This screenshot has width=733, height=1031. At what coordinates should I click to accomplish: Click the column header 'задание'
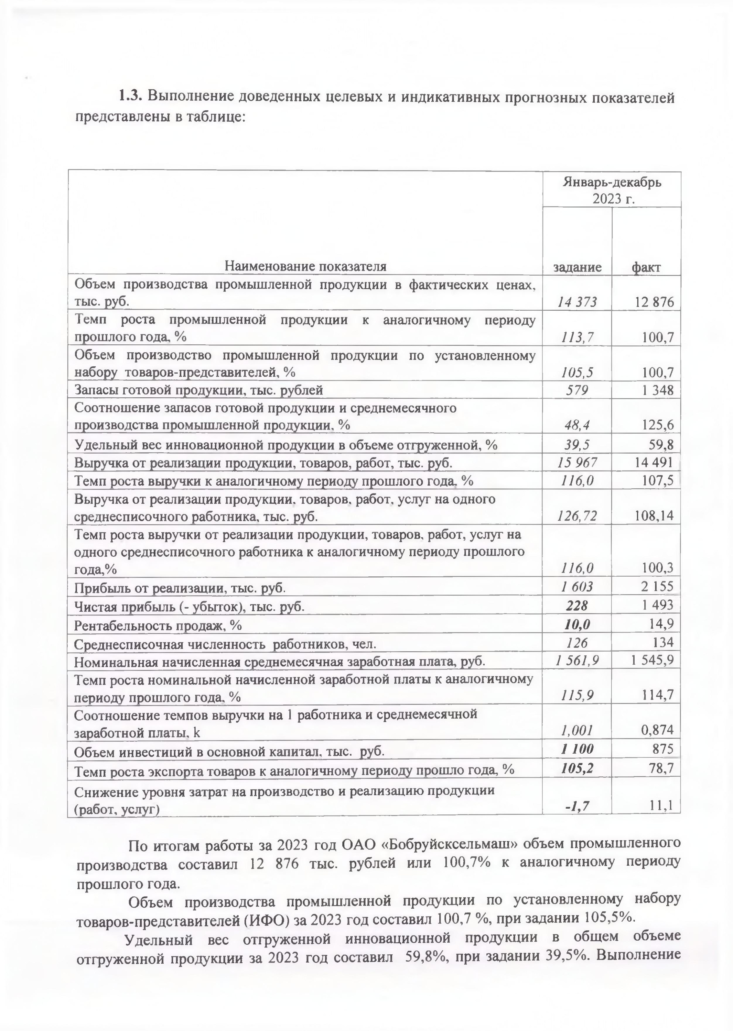(577, 267)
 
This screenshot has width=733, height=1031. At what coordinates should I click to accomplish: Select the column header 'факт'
(646, 267)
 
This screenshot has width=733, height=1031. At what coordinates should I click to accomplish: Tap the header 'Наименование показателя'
(305, 266)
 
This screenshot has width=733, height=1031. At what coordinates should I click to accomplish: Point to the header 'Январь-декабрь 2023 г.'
(612, 190)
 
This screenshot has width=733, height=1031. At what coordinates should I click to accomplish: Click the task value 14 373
(577, 302)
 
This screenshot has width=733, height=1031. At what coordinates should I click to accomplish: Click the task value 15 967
(577, 462)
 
